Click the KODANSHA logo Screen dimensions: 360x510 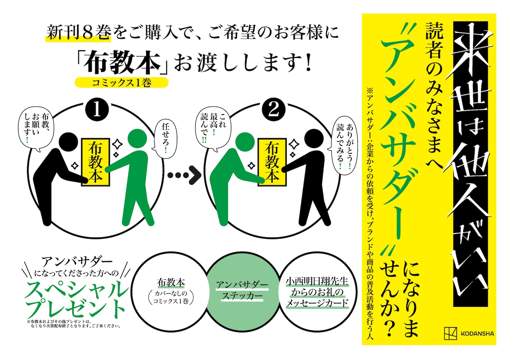pos(469,333)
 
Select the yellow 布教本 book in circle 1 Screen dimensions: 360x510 pos(96,162)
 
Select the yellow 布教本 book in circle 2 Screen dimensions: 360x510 pos(272,162)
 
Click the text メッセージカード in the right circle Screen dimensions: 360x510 pos(317,303)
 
